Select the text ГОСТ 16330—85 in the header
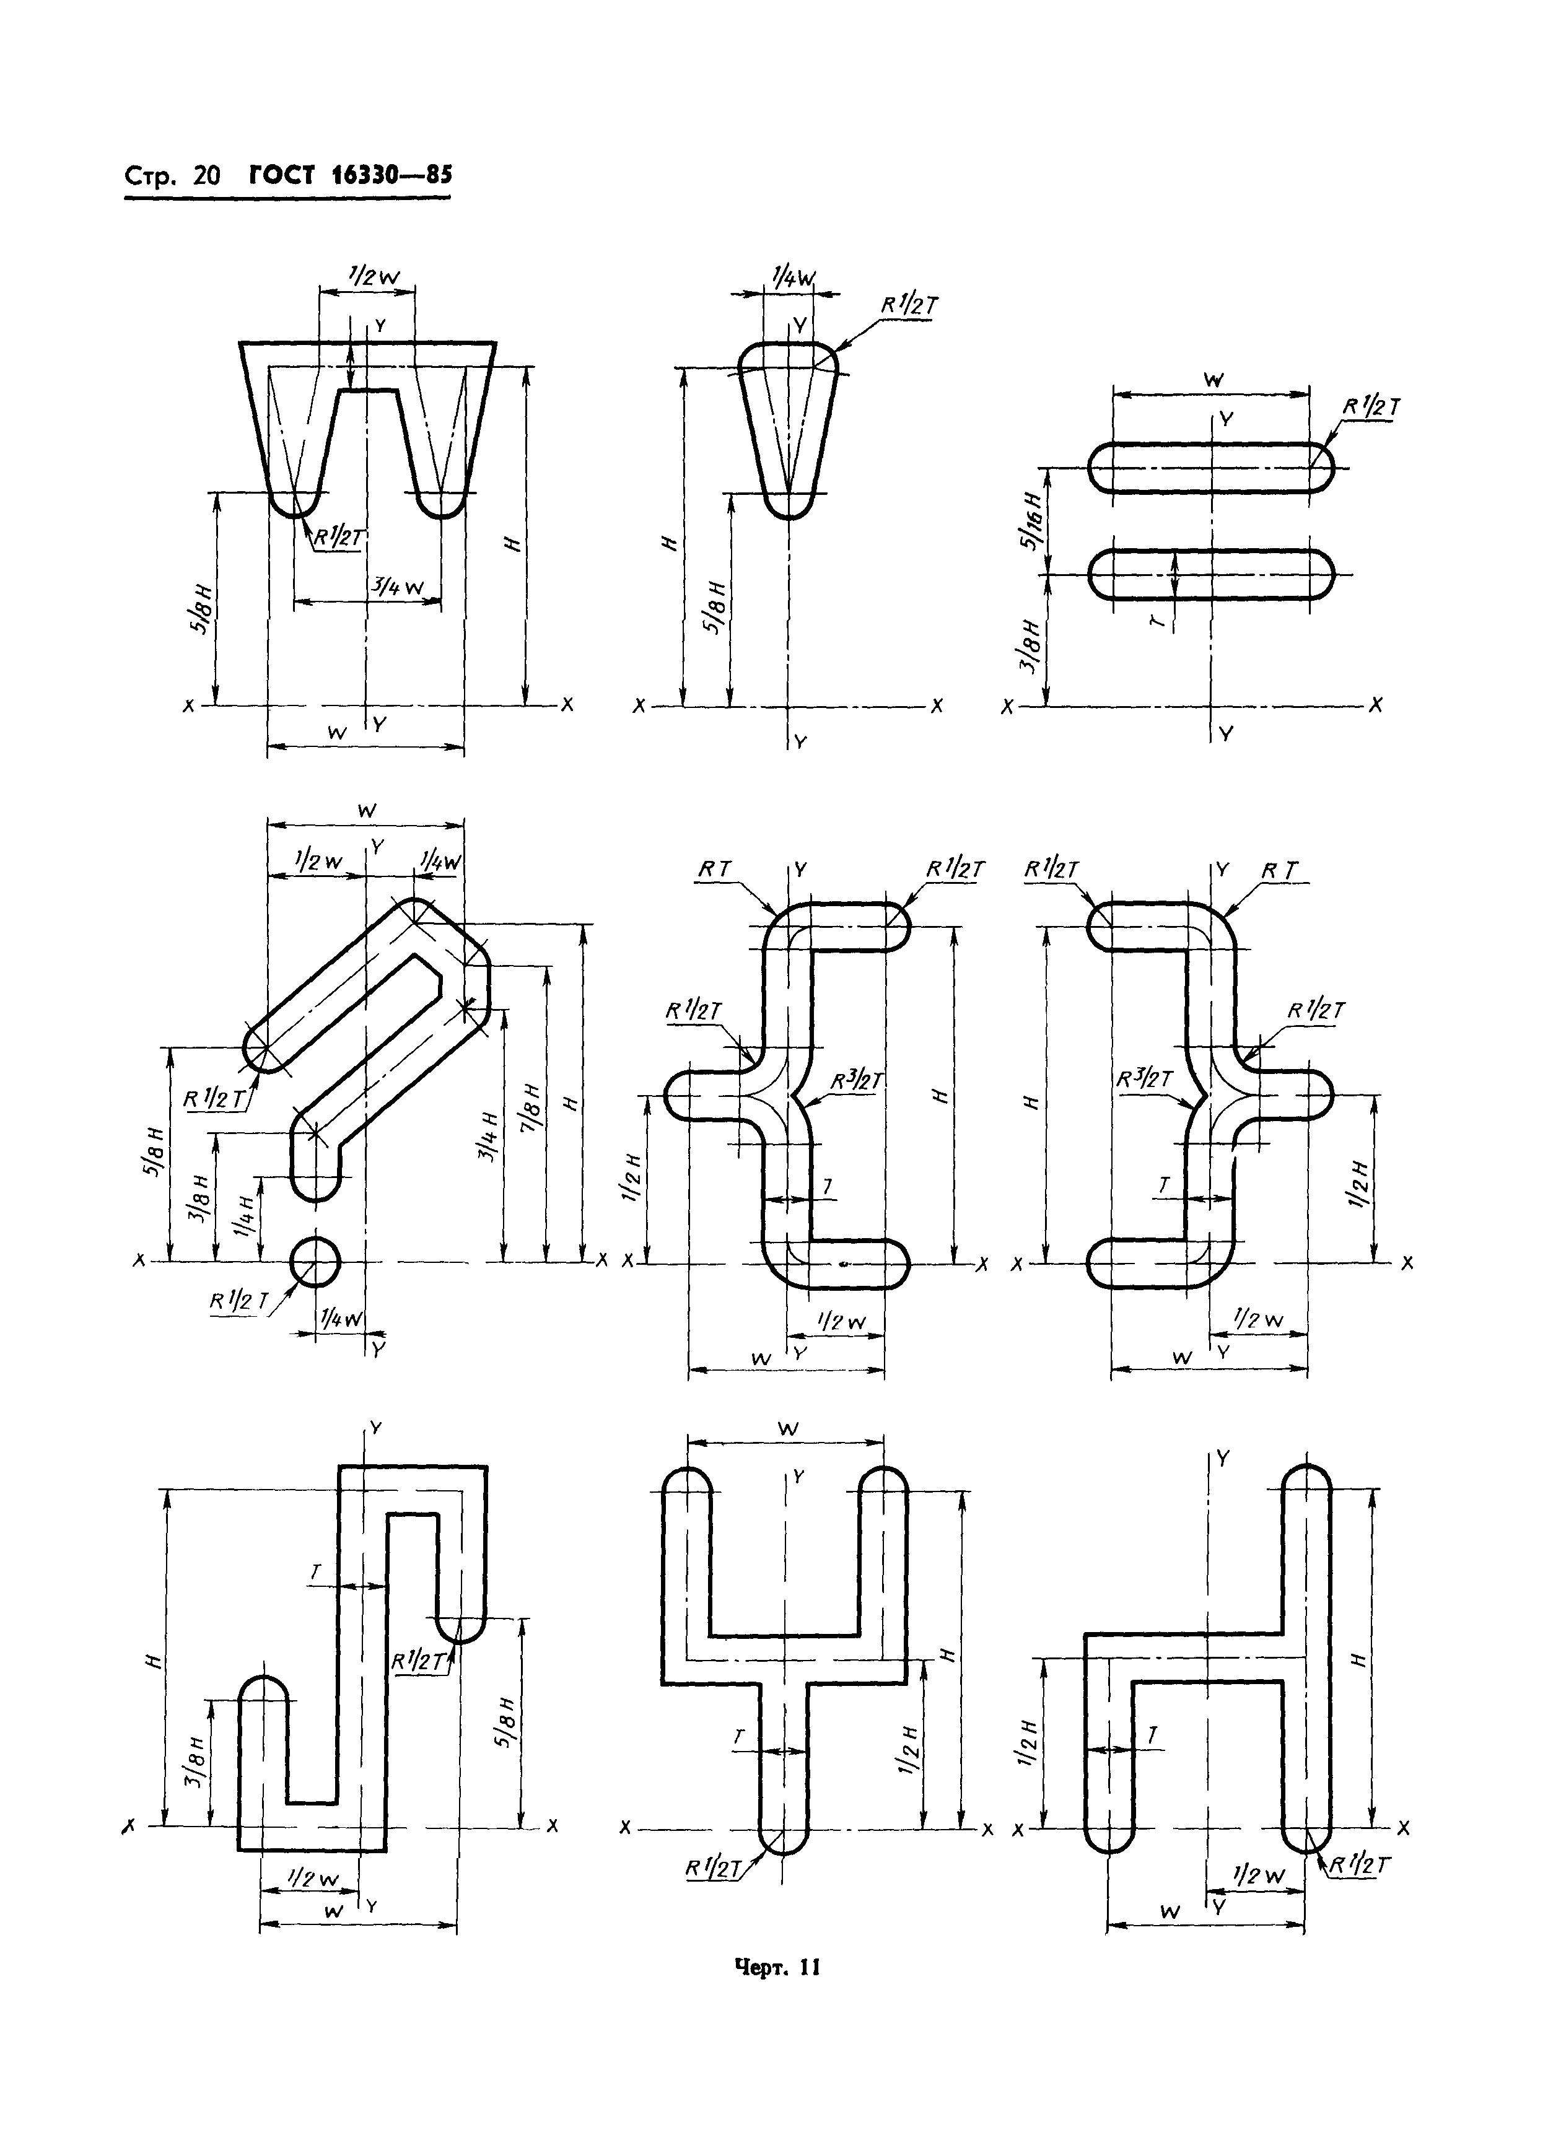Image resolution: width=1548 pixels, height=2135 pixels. pyautogui.click(x=350, y=176)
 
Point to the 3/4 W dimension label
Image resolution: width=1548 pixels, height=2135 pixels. pyautogui.click(x=400, y=587)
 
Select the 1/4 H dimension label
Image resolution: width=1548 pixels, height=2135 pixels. pyautogui.click(x=247, y=1217)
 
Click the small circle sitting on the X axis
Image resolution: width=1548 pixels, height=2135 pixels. pyautogui.click(x=315, y=1262)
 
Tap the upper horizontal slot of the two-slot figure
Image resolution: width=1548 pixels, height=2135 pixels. pyautogui.click(x=1212, y=467)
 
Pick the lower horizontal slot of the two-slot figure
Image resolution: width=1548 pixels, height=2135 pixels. pyautogui.click(x=1212, y=574)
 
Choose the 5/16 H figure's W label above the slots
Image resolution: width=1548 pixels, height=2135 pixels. pyautogui.click(x=1213, y=380)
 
